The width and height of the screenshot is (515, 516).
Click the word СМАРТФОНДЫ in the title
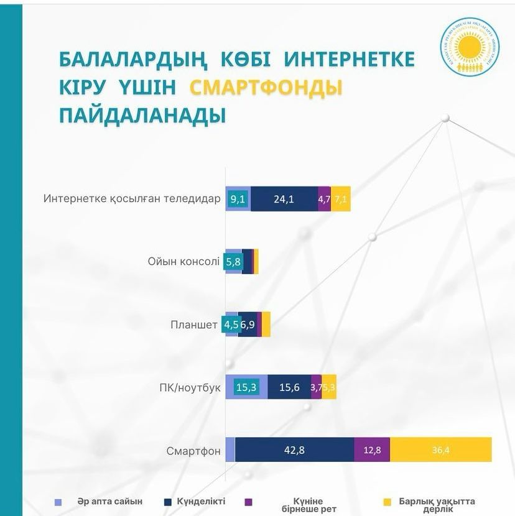click(266, 88)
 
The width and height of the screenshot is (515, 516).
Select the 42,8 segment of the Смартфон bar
click(294, 449)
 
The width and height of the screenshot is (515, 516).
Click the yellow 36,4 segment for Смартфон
click(440, 449)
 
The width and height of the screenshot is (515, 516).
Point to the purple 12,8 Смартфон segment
click(372, 449)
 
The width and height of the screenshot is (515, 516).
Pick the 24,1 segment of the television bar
click(284, 199)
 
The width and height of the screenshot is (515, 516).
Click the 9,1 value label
click(237, 199)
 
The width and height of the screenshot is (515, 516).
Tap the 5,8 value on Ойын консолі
click(234, 262)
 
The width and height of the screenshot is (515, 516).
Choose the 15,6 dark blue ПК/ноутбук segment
click(289, 387)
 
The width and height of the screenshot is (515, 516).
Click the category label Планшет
click(194, 325)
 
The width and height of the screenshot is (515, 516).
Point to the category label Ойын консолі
click(183, 262)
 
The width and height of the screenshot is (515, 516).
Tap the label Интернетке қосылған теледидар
click(132, 199)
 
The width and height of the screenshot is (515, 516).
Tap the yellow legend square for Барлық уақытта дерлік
click(386, 502)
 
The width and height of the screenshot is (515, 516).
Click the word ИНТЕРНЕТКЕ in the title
click(349, 60)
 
